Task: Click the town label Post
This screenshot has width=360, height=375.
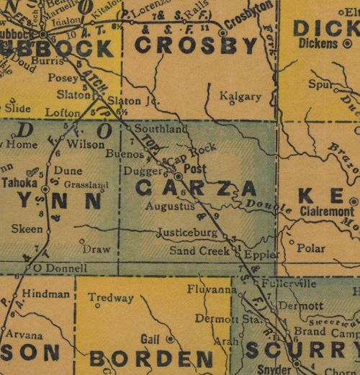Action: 196,168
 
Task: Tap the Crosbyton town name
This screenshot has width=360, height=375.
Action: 250,23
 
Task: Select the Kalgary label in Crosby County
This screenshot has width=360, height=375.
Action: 244,93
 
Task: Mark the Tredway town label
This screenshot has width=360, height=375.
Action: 111,298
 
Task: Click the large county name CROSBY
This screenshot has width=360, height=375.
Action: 196,47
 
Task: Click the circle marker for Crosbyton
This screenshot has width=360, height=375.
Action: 223,32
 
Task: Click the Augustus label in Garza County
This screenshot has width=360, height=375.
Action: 170,206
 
